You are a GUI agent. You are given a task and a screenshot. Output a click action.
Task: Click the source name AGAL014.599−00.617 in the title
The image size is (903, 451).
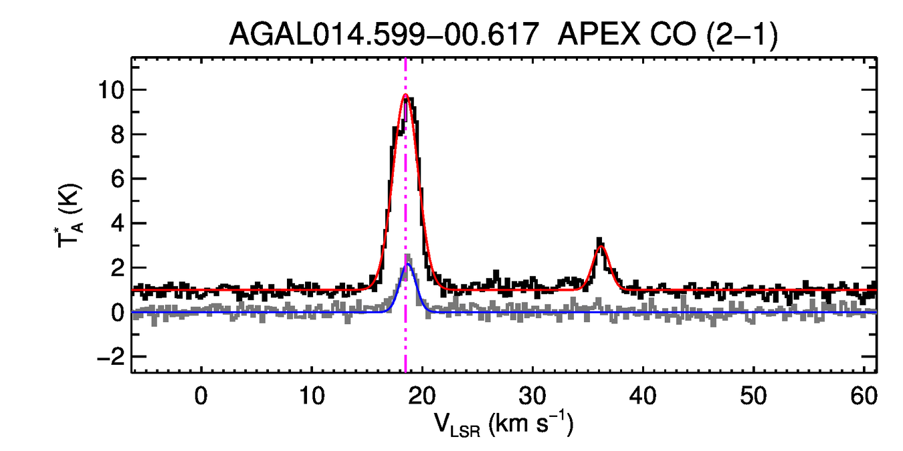coord(384,35)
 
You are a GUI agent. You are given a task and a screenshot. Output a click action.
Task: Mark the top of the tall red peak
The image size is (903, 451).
coord(405,95)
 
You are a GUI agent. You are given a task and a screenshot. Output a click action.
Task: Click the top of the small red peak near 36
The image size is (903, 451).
coord(601,247)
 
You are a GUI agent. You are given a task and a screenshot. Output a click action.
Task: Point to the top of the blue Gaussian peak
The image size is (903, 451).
coord(408,264)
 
